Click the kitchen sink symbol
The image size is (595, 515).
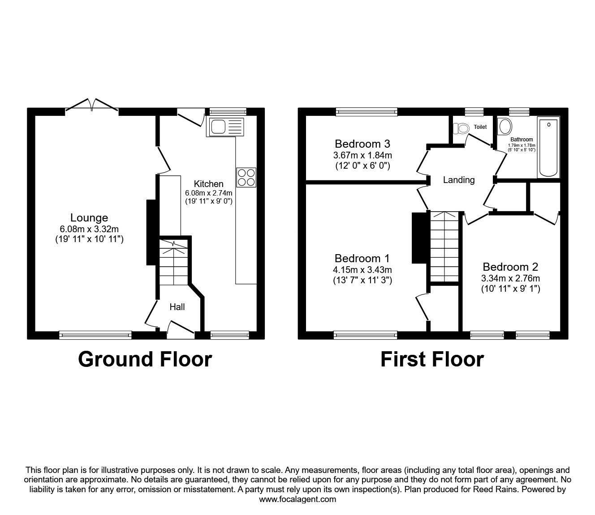coord(226,127)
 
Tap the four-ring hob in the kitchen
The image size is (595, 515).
coord(246,177)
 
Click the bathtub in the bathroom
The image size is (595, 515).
coord(549,147)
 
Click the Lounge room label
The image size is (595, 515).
coord(89,218)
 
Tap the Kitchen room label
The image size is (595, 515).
coord(208,184)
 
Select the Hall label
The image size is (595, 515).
coord(177,307)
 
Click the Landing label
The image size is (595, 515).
coord(458,180)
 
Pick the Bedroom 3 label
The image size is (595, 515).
coord(362,144)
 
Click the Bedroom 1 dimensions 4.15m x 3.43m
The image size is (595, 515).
coord(362,270)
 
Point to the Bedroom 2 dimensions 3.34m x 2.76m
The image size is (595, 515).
coord(510,278)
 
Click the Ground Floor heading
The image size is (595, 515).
coord(145,359)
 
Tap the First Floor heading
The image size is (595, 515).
coord(432,359)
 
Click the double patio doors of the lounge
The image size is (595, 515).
coord(92,106)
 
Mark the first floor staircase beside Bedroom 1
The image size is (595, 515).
coord(444,246)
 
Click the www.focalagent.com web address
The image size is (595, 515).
coord(297,499)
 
